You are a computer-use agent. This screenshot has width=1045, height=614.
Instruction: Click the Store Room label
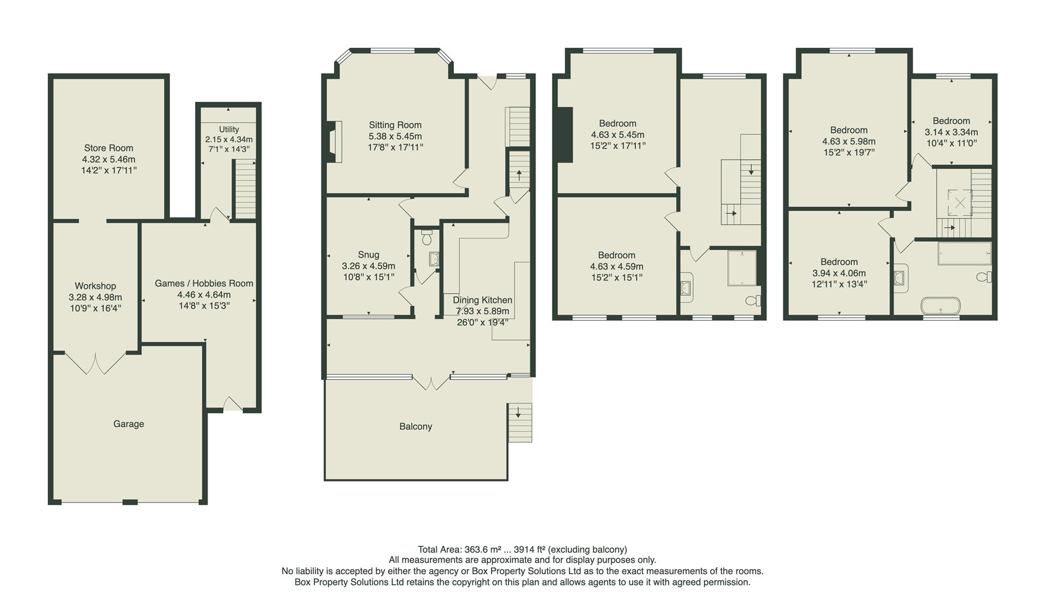(x=109, y=148)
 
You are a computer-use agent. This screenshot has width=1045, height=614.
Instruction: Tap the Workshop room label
(x=95, y=286)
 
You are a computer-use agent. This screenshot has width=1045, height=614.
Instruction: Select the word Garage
(x=128, y=424)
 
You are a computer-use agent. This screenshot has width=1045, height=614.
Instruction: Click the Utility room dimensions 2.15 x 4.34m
(x=229, y=139)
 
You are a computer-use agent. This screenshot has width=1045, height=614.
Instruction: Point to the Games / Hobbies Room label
(x=204, y=283)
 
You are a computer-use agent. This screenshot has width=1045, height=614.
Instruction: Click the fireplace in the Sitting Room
(x=334, y=142)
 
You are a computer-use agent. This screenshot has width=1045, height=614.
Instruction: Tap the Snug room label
(x=368, y=255)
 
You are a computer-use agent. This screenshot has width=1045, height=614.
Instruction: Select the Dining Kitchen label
(x=482, y=300)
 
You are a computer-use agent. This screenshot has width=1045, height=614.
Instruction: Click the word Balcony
(x=416, y=426)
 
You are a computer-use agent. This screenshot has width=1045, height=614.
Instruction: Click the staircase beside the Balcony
(x=520, y=422)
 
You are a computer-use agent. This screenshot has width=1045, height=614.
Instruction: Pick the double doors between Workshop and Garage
(x=95, y=363)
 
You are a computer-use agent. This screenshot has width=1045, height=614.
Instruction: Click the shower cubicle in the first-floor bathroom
(x=742, y=268)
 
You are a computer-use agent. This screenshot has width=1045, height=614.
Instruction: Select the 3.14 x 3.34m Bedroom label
(x=951, y=121)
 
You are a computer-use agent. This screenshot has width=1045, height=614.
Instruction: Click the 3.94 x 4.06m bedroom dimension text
(x=839, y=273)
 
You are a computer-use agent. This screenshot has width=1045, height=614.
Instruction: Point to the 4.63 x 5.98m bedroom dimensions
(x=848, y=142)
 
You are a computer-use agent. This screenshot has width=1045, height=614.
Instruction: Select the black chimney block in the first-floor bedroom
(x=564, y=135)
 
